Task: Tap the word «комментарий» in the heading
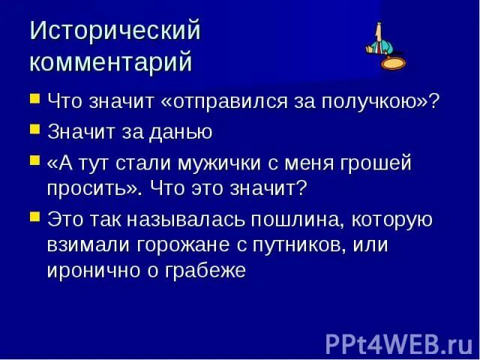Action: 111,61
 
